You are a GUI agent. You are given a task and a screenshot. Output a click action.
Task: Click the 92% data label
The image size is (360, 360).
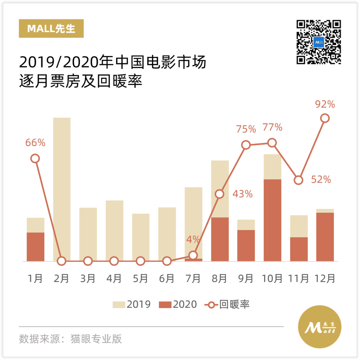325,104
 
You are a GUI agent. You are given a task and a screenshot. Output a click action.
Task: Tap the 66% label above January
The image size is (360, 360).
35,143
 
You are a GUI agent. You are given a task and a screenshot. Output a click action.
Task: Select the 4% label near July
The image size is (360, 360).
193,239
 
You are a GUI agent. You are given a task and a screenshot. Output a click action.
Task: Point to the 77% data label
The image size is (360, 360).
272,127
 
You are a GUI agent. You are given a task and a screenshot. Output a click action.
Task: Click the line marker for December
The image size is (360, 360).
325,118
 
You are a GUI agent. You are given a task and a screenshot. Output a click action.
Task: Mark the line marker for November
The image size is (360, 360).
299,180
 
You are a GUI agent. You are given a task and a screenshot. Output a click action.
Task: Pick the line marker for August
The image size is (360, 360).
219,194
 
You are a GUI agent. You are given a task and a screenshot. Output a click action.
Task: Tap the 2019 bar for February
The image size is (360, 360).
62,187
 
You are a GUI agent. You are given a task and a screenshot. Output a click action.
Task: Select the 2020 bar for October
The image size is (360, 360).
272,220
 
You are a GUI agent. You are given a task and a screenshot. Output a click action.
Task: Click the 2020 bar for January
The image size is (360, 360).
35,247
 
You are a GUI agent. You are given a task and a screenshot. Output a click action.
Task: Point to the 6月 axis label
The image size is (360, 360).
167,278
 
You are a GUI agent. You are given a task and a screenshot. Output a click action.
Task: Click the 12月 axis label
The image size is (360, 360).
325,278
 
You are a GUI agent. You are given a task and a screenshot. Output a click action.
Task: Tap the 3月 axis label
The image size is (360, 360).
88,278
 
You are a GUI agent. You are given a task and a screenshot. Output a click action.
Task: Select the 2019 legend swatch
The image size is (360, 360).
119,304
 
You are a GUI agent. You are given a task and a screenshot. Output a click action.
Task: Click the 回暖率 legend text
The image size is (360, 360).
234,304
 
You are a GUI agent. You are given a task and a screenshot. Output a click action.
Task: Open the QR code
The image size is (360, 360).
319,42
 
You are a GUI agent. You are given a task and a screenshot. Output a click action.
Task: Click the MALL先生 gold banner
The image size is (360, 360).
51,29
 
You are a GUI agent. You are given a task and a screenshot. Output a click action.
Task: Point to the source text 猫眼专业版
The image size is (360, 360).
96,339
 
